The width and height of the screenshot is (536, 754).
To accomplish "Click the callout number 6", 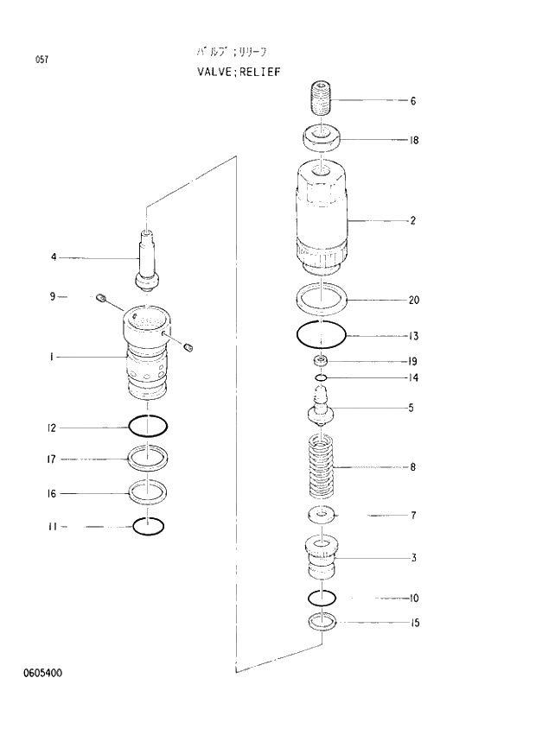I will (413, 101).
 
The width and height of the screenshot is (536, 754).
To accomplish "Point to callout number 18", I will (414, 140).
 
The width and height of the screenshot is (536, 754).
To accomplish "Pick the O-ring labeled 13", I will (321, 333).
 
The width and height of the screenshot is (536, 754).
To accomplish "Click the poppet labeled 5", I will (321, 408).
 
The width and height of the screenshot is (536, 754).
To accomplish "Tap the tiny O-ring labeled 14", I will (321, 377).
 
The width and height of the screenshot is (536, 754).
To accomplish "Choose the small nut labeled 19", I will (321, 360).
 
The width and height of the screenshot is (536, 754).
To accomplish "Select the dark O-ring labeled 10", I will (321, 597).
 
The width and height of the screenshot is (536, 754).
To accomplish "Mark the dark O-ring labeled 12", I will (147, 426).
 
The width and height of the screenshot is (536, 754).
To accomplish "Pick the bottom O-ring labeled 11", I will (147, 524).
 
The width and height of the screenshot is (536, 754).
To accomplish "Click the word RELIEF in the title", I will (256, 72).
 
